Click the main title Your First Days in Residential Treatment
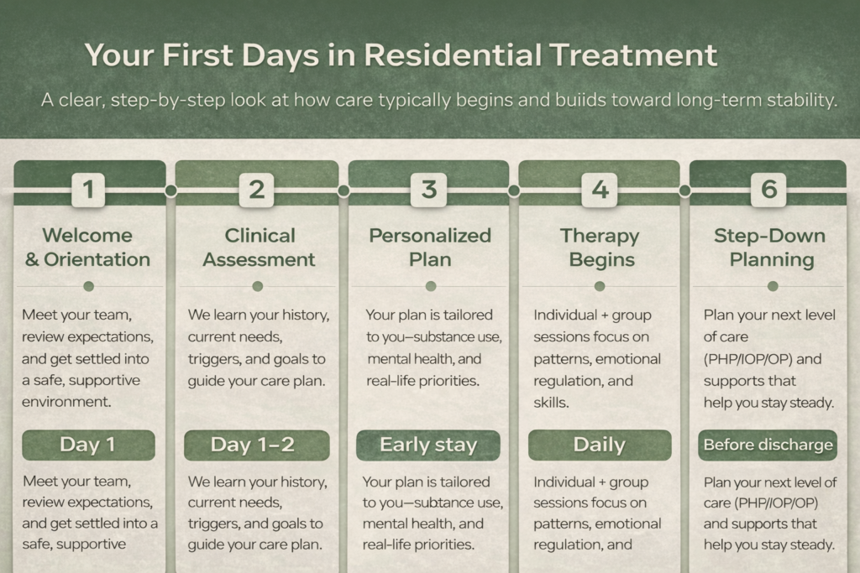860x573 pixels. [401, 56]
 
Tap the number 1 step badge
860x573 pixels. [88, 190]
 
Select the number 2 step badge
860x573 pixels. [256, 190]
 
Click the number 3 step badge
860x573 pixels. [428, 190]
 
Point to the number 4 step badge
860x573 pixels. [600, 190]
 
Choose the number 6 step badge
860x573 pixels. [769, 190]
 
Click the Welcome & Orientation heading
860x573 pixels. [87, 247]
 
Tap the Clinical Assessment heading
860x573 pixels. [259, 247]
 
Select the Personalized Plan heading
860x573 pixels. [429, 247]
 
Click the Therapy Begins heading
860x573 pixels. [600, 247]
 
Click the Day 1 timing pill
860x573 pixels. [87, 445]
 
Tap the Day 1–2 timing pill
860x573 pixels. [257, 445]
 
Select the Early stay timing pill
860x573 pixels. [428, 445]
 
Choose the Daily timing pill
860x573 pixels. [599, 445]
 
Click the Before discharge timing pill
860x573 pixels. [768, 445]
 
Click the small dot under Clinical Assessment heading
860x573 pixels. [258, 286]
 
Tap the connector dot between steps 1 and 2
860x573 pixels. [171, 190]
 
